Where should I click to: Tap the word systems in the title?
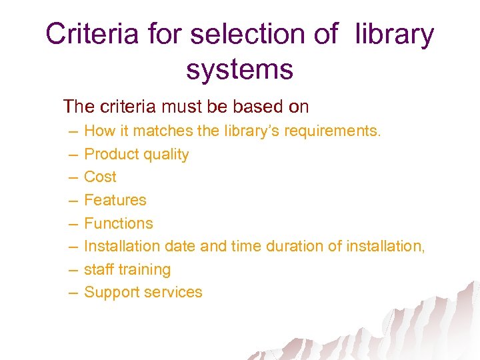click(x=240, y=69)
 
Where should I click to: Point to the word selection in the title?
click(x=256, y=34)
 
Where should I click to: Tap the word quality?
click(x=165, y=155)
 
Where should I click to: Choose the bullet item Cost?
click(x=100, y=177)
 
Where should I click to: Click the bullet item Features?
click(x=115, y=200)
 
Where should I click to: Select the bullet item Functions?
click(x=119, y=223)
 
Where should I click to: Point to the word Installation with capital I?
click(x=122, y=246)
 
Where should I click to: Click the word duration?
click(x=295, y=246)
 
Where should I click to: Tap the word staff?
click(x=98, y=269)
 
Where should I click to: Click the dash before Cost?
click(x=72, y=177)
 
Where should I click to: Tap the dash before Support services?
click(x=72, y=293)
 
